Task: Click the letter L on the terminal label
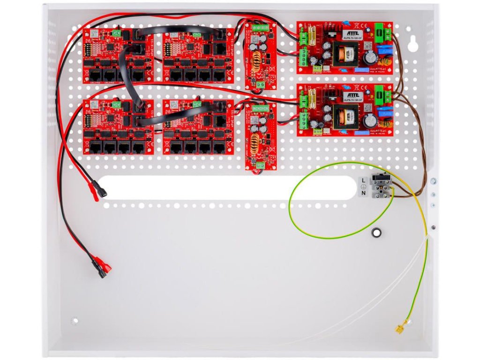pyautogui.click(x=363, y=180)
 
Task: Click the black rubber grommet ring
pyautogui.click(x=376, y=232)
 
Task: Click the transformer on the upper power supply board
pyautogui.click(x=345, y=55)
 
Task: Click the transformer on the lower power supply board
pyautogui.click(x=345, y=117)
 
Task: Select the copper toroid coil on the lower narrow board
pyautogui.click(x=257, y=141)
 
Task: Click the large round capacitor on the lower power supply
pyautogui.click(x=370, y=121)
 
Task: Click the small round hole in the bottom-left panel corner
pyautogui.click(x=75, y=321)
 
